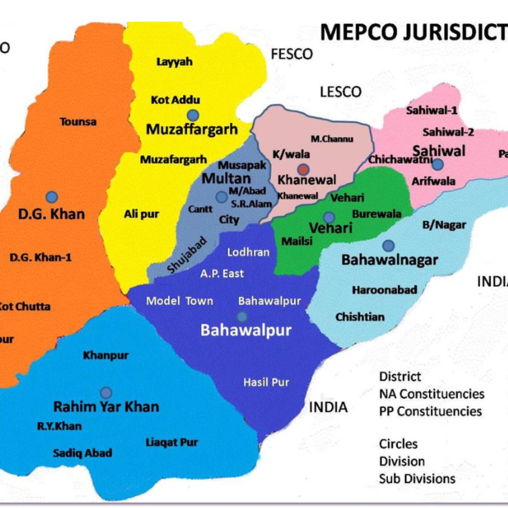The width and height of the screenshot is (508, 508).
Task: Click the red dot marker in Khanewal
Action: (x=303, y=169)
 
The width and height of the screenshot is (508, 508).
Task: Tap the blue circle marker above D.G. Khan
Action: (x=52, y=197)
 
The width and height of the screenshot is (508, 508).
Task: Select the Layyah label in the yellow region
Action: (x=174, y=62)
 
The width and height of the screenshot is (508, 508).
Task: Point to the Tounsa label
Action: (x=78, y=122)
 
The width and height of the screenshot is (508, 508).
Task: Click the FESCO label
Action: (x=292, y=54)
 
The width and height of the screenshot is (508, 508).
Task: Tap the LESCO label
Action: (x=340, y=92)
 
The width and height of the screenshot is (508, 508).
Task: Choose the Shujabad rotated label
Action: (x=187, y=255)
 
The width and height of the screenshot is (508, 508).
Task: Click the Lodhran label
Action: (x=248, y=252)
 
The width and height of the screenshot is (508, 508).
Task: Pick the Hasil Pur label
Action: (x=266, y=382)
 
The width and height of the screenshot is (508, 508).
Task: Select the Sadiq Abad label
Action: (x=82, y=453)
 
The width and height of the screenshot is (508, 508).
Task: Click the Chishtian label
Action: (x=360, y=317)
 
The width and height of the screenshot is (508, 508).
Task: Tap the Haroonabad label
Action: (x=384, y=290)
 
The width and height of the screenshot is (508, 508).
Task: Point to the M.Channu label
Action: (x=332, y=139)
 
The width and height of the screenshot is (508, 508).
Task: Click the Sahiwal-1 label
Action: (x=431, y=110)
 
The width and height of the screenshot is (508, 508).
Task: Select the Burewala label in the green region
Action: (x=376, y=214)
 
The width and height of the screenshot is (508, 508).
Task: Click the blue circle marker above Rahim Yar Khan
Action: (x=106, y=392)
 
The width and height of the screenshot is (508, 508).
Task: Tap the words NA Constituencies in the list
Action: (x=431, y=394)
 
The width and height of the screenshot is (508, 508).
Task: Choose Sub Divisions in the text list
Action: (x=417, y=479)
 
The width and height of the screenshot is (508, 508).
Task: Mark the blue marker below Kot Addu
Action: (x=193, y=115)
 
